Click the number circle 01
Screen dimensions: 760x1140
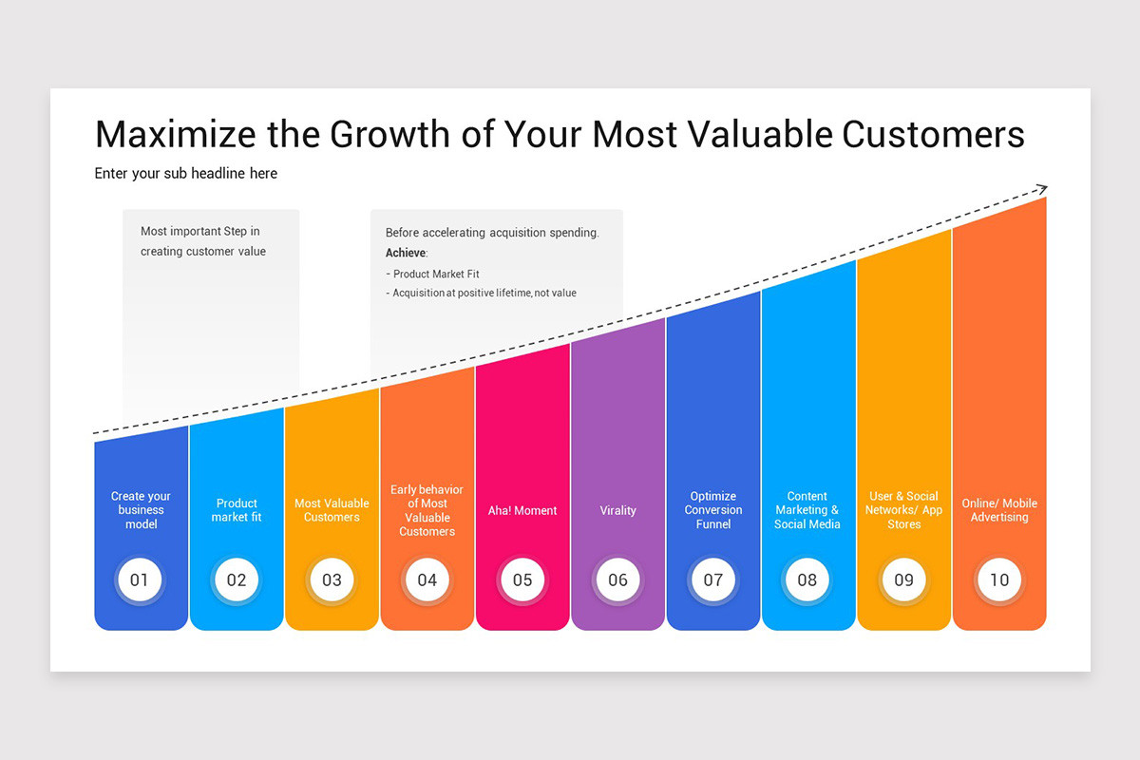tap(140, 579)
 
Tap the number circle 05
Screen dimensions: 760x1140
tap(522, 579)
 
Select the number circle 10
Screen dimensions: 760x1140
tap(999, 579)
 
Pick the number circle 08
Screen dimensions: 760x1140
tap(807, 579)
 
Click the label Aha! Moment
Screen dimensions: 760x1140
tap(522, 510)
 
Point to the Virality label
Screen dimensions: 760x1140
tap(617, 510)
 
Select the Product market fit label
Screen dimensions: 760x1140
tap(237, 510)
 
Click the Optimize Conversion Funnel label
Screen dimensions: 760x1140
tap(712, 510)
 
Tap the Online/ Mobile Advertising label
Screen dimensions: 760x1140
tap(999, 510)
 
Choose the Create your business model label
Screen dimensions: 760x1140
tap(141, 510)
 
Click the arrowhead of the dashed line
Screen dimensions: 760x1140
tap(1042, 189)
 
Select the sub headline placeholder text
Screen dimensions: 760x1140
tap(186, 174)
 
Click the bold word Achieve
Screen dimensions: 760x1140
tap(406, 253)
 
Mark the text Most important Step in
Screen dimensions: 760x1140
tap(200, 231)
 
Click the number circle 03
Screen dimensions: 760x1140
tap(332, 579)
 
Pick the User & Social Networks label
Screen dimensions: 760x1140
tap(903, 510)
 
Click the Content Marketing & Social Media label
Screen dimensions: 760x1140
tap(807, 510)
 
